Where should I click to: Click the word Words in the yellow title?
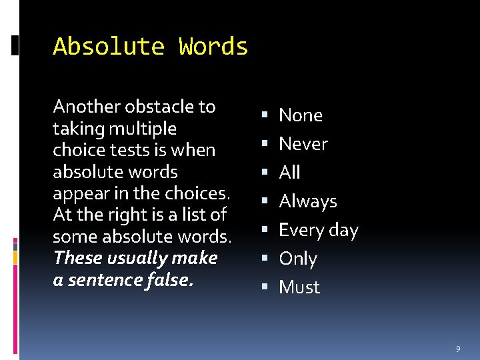click(213, 47)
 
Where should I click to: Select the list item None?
click(300, 115)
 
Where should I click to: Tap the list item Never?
click(303, 144)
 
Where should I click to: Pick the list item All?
click(289, 173)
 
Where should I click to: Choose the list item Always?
click(307, 201)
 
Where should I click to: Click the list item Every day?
click(318, 230)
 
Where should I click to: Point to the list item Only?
click(297, 259)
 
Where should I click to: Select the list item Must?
click(299, 287)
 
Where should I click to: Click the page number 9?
click(458, 349)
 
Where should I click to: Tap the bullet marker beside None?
click(266, 116)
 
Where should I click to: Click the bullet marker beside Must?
click(266, 288)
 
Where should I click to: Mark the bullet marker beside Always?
click(266, 202)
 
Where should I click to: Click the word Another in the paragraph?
click(80, 107)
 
